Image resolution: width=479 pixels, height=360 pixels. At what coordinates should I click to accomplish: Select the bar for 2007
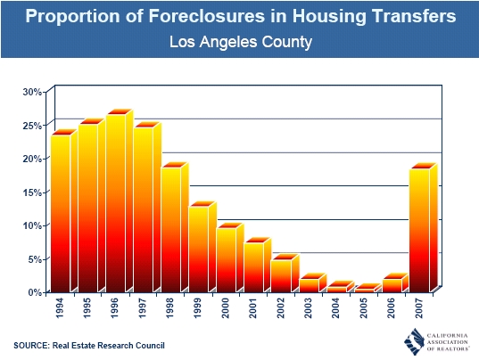[x=423, y=227]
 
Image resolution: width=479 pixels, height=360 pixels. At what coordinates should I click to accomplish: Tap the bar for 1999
[x=202, y=247]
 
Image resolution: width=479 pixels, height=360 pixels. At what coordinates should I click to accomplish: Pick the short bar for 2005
[x=368, y=288]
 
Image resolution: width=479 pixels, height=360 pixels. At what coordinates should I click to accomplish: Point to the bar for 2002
[x=285, y=273]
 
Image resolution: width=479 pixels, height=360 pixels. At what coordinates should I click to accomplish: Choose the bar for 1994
[x=64, y=211]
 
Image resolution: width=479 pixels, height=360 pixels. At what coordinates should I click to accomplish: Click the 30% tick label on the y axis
[x=32, y=92]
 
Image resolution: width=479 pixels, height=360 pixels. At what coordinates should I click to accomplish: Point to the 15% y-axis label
[x=32, y=192]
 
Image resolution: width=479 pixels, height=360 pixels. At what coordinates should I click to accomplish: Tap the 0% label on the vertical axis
[x=35, y=292]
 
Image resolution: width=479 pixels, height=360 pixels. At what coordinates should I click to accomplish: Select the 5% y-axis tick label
[x=35, y=259]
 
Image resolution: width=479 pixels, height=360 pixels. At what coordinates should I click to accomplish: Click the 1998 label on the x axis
[x=169, y=308]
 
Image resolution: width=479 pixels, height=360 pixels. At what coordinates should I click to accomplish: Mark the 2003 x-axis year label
[x=309, y=308]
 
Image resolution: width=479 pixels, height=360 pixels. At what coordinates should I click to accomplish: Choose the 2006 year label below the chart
[x=392, y=308]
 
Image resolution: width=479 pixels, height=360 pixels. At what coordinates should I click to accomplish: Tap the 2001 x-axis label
[x=253, y=308]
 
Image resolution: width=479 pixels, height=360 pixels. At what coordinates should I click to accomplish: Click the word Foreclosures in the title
[x=207, y=16]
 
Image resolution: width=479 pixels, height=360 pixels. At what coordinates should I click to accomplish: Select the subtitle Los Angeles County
[x=241, y=42]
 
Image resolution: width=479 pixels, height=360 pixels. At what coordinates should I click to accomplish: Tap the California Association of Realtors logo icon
[x=414, y=341]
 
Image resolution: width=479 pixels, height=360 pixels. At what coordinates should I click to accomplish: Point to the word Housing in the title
[x=329, y=17]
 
